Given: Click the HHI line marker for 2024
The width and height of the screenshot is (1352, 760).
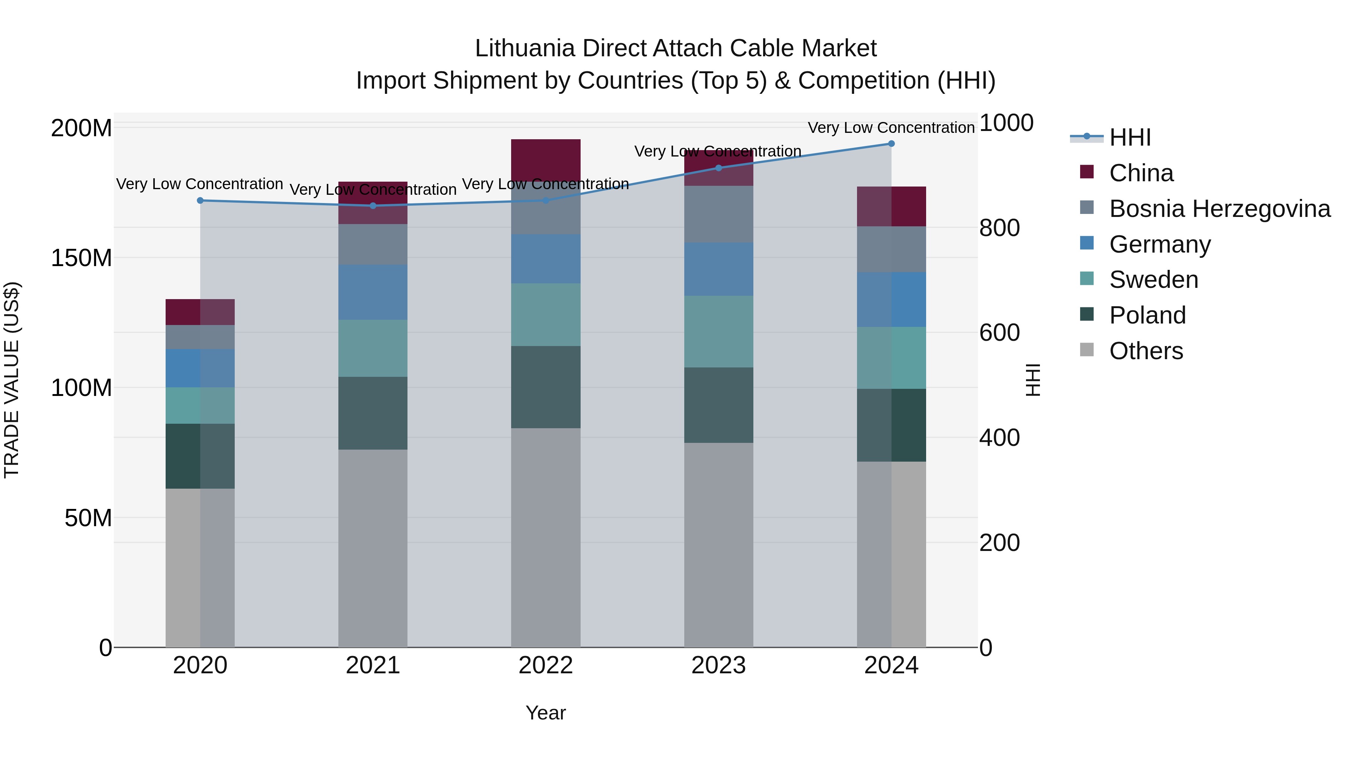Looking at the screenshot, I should point(891,144).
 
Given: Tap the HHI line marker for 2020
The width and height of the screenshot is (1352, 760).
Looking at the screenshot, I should point(200,200).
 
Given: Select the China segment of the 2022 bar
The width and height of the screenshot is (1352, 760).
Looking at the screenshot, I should point(545,160).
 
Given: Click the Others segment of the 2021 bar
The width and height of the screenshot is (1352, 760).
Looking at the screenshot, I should point(373,548).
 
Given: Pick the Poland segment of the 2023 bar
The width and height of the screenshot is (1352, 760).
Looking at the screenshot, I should point(718,405).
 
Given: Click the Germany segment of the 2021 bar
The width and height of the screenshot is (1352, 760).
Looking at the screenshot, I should point(373,292).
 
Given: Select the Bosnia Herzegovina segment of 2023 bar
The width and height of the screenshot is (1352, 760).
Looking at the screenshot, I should point(718,214).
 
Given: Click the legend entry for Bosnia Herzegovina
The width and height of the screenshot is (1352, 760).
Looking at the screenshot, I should point(1219,209).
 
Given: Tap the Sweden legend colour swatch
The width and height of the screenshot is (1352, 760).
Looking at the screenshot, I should point(1086,278).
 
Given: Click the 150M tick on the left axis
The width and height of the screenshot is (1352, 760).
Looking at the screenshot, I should point(81,258).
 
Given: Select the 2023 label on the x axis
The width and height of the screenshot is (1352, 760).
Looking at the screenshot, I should point(718,665).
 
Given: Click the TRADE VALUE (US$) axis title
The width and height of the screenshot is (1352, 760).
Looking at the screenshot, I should point(12,380).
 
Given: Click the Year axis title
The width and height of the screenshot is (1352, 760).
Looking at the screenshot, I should point(545,713).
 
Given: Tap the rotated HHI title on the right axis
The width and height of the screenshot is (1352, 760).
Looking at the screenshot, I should point(1033,380).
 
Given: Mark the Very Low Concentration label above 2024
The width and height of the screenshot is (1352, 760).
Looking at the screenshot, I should point(891,128).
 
